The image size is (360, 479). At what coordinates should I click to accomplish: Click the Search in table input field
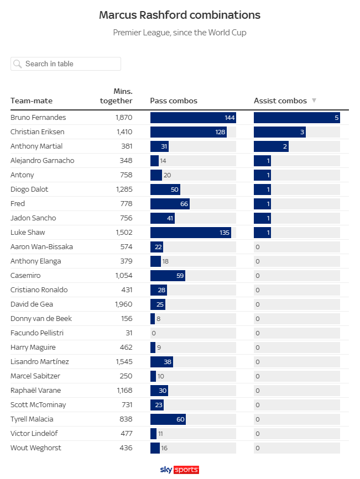(x=66, y=64)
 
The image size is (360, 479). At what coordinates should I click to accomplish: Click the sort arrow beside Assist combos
(x=314, y=101)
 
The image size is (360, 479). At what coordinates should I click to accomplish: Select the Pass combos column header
(x=174, y=101)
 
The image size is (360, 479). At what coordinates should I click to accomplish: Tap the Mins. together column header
(x=117, y=96)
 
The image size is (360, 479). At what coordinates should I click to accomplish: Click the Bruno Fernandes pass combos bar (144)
(x=193, y=118)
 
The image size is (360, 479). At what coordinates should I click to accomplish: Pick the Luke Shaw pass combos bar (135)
(x=191, y=233)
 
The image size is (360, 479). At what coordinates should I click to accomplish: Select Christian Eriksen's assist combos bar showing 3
(x=279, y=132)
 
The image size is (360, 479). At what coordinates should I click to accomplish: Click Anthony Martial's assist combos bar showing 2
(x=271, y=146)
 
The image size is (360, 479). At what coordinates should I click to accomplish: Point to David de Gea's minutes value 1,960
(x=124, y=304)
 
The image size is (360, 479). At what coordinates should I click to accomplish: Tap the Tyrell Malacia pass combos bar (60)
(x=168, y=419)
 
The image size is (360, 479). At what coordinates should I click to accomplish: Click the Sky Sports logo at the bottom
(x=179, y=470)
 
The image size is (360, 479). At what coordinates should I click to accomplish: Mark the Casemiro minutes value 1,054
(x=124, y=276)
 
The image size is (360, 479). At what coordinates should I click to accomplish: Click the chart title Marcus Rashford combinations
(x=180, y=15)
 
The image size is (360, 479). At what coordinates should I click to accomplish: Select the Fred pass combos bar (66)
(x=170, y=204)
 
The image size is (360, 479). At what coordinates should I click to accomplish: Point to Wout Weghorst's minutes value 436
(x=126, y=448)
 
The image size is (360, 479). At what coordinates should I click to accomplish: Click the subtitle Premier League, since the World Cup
(x=180, y=33)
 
